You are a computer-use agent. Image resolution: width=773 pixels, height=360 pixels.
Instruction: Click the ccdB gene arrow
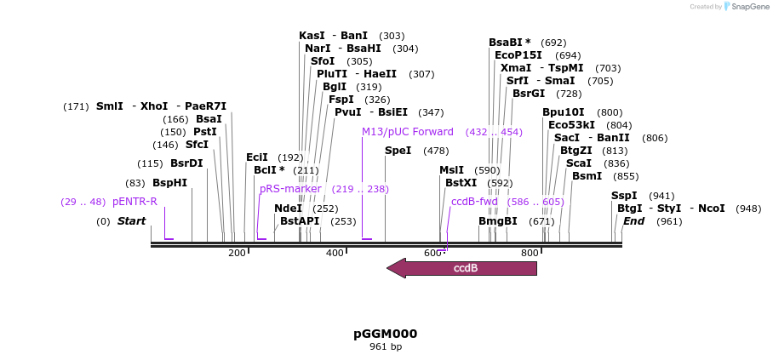click(x=462, y=268)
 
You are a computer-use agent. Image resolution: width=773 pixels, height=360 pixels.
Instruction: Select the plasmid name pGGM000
click(x=386, y=334)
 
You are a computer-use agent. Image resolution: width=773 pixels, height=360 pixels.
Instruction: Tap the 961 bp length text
click(x=386, y=347)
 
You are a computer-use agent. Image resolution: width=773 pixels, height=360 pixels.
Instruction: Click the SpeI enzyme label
click(x=398, y=151)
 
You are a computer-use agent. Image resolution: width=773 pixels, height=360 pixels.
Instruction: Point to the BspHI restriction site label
click(x=169, y=183)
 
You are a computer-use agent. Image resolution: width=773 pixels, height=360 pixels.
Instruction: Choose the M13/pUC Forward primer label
click(x=408, y=132)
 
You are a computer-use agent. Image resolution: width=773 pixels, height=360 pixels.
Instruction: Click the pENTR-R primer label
click(x=135, y=202)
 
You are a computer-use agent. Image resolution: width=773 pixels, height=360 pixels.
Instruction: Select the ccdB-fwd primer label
click(x=474, y=202)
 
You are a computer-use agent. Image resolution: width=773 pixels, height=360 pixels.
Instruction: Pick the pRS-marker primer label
click(x=290, y=189)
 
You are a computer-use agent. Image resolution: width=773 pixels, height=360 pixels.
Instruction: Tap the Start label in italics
click(x=131, y=221)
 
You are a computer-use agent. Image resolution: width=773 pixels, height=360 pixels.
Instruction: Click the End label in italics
click(x=633, y=221)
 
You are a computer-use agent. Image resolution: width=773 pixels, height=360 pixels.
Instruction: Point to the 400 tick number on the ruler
click(x=335, y=253)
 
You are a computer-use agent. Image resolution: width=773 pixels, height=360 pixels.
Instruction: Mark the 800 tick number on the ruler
click(x=530, y=253)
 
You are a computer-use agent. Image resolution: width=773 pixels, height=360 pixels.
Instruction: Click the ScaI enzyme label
click(x=578, y=163)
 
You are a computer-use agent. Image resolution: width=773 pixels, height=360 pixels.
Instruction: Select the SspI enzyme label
click(x=624, y=196)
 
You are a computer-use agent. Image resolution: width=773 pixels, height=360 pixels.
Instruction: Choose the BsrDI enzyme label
click(x=186, y=163)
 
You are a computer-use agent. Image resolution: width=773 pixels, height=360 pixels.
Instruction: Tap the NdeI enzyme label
click(x=288, y=209)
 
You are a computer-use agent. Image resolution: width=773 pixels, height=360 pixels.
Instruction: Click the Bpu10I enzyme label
click(x=564, y=112)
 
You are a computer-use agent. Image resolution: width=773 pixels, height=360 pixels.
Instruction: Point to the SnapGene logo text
click(x=747, y=7)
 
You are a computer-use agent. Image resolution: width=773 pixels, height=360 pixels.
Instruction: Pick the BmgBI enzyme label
click(x=497, y=221)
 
